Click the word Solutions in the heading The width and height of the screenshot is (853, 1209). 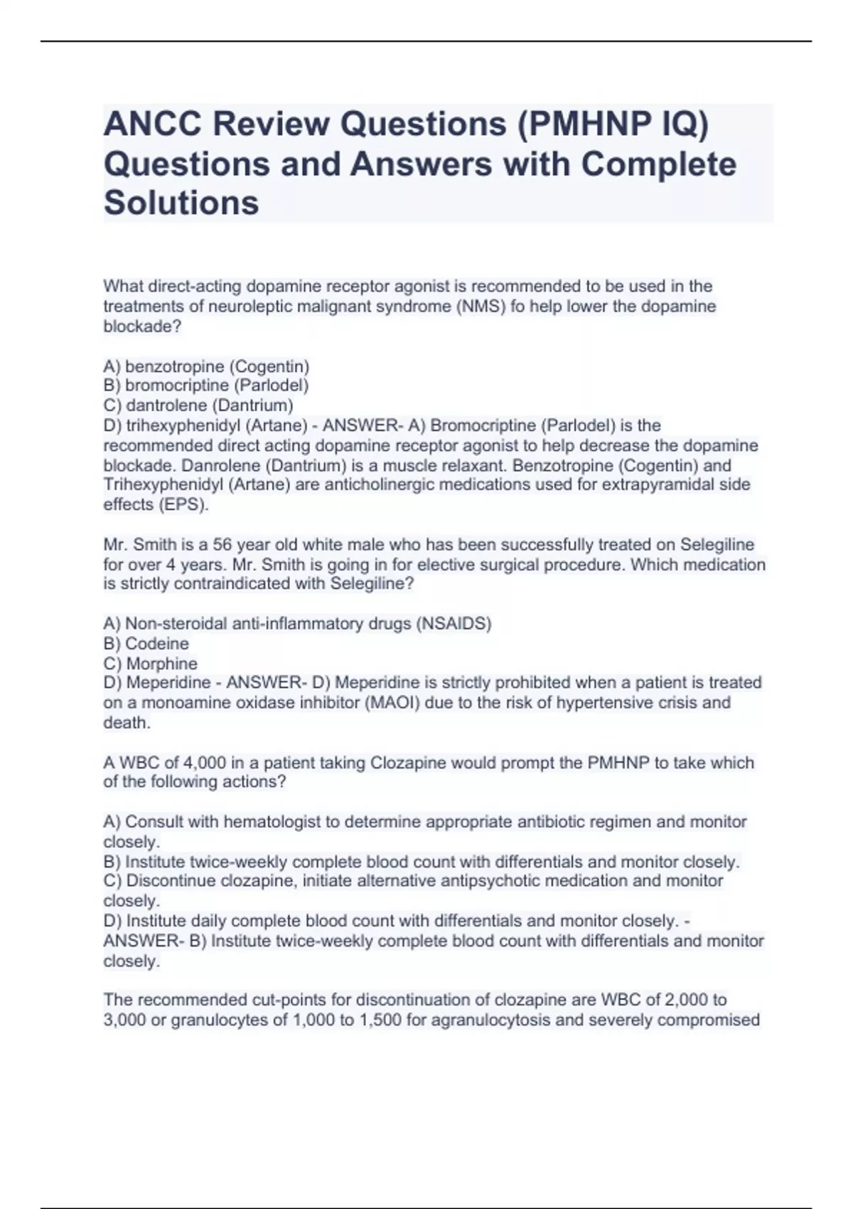click(181, 203)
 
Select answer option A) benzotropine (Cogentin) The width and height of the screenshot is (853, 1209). click(206, 366)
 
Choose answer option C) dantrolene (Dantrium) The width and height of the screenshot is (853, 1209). click(198, 405)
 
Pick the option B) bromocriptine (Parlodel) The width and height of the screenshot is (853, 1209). click(206, 385)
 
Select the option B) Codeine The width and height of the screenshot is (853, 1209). click(146, 644)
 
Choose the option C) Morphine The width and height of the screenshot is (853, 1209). click(151, 664)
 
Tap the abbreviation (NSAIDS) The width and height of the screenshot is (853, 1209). click(453, 624)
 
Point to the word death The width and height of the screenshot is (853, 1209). click(126, 723)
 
